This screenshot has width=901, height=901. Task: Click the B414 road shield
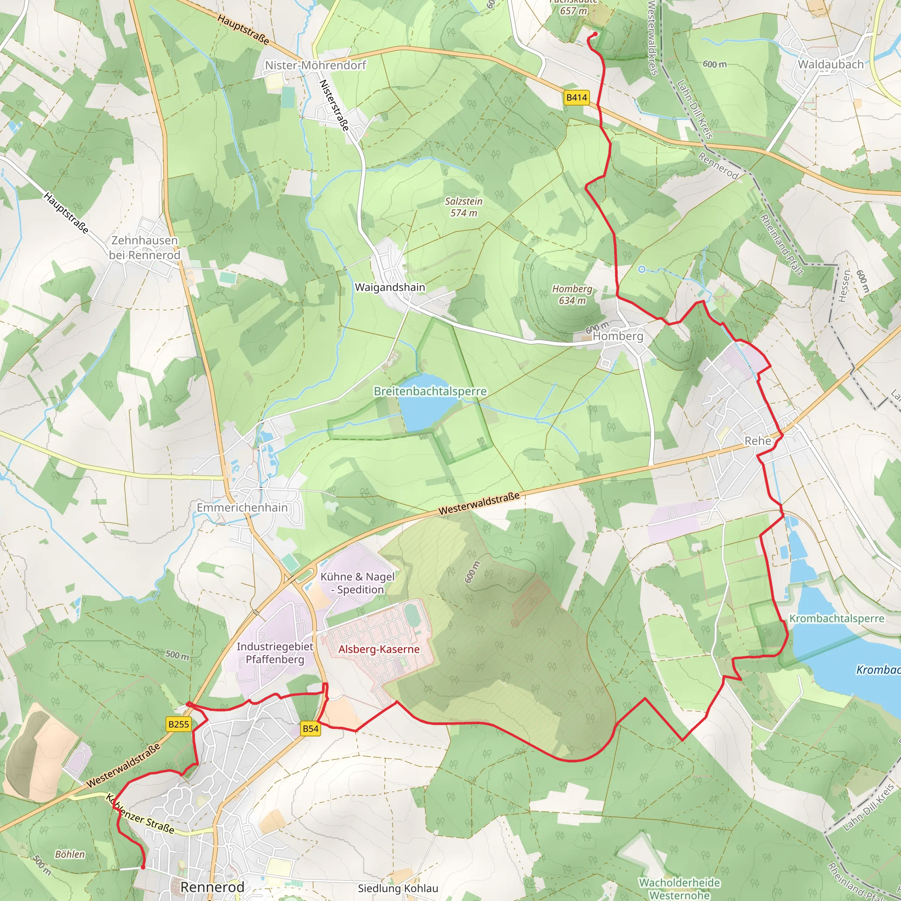pyautogui.click(x=576, y=98)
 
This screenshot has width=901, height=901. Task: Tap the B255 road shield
pyautogui.click(x=179, y=724)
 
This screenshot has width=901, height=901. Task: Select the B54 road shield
pyautogui.click(x=311, y=729)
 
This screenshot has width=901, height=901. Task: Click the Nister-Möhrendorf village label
pyautogui.click(x=316, y=65)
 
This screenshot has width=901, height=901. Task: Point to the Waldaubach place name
pyautogui.click(x=831, y=64)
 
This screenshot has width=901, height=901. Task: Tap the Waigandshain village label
pyautogui.click(x=390, y=287)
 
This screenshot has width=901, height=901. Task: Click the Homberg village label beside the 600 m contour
pyautogui.click(x=618, y=336)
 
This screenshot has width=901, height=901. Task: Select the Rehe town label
pyautogui.click(x=758, y=441)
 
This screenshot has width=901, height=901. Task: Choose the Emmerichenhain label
pyautogui.click(x=242, y=507)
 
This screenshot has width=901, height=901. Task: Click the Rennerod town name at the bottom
pyautogui.click(x=212, y=887)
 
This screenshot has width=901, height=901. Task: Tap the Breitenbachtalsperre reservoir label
pyautogui.click(x=430, y=391)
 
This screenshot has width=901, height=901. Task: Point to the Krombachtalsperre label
pyautogui.click(x=837, y=619)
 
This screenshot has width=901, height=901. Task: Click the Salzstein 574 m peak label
pyautogui.click(x=464, y=207)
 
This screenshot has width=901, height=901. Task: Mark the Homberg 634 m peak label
pyautogui.click(x=572, y=295)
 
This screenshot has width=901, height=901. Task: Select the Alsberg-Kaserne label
pyautogui.click(x=379, y=649)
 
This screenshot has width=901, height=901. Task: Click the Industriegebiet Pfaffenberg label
pyautogui.click(x=275, y=653)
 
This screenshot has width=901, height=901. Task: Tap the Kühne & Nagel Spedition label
pyautogui.click(x=357, y=583)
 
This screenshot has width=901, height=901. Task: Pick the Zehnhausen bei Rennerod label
pyautogui.click(x=145, y=248)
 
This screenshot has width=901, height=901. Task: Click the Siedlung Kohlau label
pyautogui.click(x=398, y=888)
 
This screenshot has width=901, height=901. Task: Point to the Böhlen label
pyautogui.click(x=70, y=854)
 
